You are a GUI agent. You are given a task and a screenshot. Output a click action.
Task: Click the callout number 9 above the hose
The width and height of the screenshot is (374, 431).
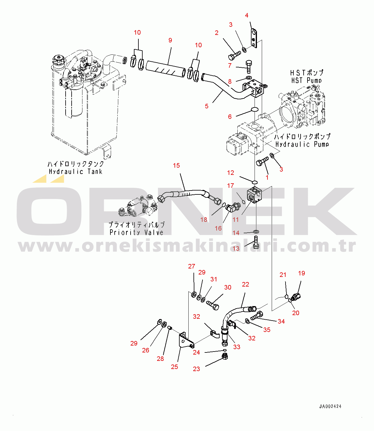170,40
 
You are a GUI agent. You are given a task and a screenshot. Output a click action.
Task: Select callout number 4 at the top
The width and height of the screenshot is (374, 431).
247,15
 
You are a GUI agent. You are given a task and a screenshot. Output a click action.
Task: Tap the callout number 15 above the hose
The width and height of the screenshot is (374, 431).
176,166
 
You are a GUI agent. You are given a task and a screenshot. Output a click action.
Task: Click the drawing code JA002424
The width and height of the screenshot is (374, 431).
330,406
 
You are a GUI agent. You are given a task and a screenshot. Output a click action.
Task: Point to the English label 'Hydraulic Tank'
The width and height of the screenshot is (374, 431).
76,172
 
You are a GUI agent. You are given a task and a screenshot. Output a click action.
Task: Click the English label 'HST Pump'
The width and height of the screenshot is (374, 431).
306,80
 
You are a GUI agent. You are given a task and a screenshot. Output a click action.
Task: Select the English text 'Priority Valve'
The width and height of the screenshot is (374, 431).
136,232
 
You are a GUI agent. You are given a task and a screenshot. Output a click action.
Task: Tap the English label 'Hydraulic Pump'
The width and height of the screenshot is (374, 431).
302,144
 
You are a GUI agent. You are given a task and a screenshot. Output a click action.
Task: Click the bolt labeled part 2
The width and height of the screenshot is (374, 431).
234,55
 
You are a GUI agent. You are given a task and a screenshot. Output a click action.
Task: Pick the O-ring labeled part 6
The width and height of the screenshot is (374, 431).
255,109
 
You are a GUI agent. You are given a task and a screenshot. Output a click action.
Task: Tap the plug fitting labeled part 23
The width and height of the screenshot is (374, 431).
225,357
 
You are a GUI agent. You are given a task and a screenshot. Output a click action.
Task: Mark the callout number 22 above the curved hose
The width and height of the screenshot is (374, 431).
246,284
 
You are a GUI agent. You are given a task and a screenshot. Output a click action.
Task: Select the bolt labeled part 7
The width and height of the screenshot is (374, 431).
249,67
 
